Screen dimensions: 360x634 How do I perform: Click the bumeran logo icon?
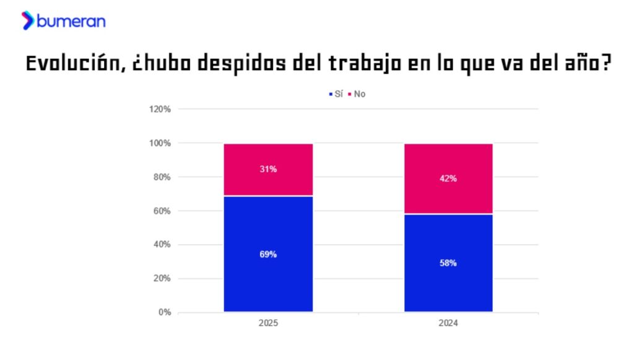coord(28,20)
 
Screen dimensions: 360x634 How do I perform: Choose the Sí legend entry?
coord(336,94)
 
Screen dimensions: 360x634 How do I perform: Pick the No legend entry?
coord(357,94)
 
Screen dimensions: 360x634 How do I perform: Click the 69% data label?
coord(268,255)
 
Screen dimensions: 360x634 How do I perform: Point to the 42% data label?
coord(448,178)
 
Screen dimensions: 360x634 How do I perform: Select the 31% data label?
coord(268,169)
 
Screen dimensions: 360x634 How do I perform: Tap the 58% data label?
coord(448,263)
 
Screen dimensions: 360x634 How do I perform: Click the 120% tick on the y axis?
coord(160,110)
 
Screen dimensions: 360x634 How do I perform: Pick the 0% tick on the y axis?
coord(164,312)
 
